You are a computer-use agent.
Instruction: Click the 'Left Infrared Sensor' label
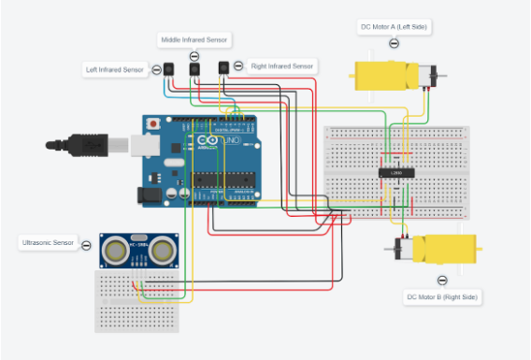coord(115,69)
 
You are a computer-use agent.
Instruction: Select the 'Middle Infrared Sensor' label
coord(194,39)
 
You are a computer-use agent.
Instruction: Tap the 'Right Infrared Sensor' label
coord(281,66)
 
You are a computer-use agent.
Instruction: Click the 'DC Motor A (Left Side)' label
coord(395,27)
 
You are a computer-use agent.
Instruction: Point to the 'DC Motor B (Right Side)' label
coord(441,296)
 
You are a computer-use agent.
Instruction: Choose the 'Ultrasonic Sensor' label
coord(48,243)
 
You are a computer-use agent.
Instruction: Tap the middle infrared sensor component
coord(194,67)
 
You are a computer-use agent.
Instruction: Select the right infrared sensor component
coord(223,66)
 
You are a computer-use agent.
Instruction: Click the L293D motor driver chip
coord(391,172)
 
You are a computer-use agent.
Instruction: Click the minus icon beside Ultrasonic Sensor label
coord(87,245)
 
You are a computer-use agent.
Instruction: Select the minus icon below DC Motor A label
coord(394,44)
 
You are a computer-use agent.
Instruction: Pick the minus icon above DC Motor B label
coord(441,279)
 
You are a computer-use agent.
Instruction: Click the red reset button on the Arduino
coord(152,123)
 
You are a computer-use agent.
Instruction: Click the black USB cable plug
coord(84,144)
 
